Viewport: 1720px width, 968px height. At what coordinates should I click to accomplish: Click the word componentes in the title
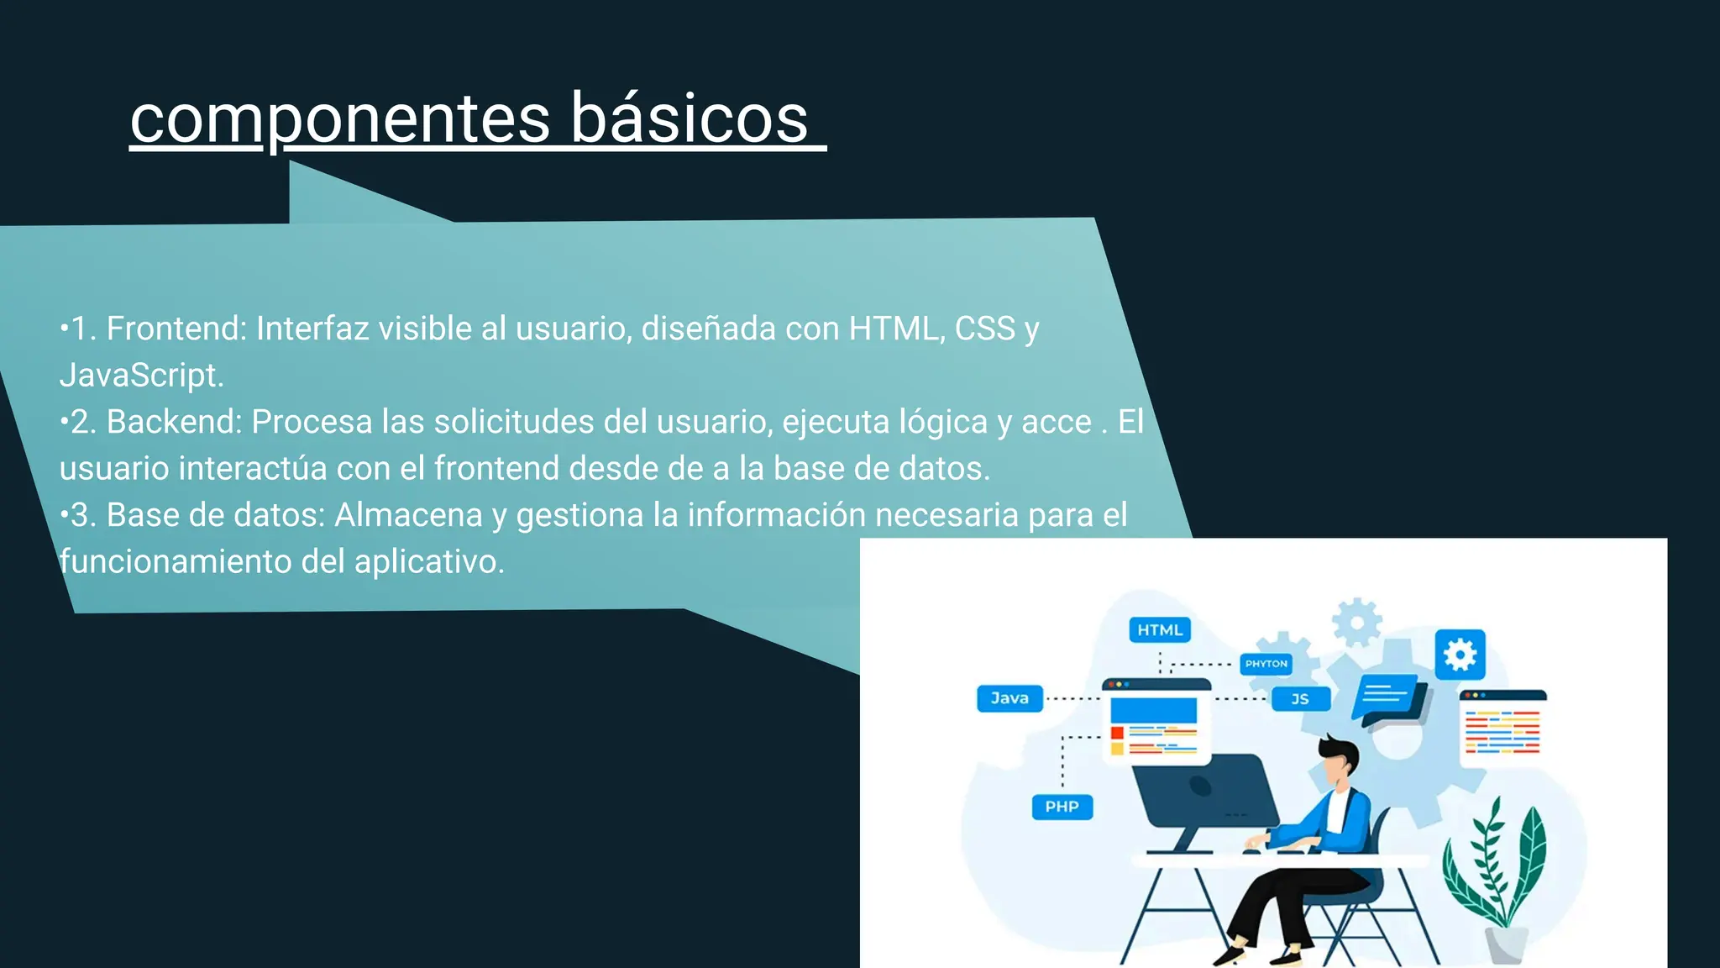[340, 119]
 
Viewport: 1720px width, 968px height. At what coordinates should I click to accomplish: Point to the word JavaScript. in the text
[142, 375]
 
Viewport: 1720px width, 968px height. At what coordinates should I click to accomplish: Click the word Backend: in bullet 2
[175, 422]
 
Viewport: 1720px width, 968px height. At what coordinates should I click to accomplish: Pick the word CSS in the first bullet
[985, 329]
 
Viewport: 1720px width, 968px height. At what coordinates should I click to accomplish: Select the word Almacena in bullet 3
[408, 515]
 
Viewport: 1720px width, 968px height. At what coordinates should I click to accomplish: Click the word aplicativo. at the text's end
[429, 561]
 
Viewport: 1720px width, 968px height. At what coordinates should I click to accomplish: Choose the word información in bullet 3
[776, 515]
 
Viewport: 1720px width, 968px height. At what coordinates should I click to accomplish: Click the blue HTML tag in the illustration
[1160, 630]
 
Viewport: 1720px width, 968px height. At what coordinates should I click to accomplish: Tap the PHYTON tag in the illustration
[1266, 664]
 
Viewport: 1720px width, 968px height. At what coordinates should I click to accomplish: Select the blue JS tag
[1300, 699]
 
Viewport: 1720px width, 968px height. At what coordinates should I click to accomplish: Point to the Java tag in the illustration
[1009, 698]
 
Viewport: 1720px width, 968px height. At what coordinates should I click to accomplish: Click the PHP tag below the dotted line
[1062, 807]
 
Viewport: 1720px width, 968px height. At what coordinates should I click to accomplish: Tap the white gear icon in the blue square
[1460, 655]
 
